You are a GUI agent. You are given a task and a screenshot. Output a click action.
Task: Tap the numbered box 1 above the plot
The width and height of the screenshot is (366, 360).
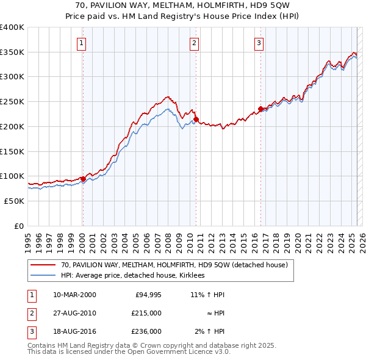coord(81,43)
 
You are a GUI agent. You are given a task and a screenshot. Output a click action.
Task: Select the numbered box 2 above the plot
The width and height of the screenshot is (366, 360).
coord(194,43)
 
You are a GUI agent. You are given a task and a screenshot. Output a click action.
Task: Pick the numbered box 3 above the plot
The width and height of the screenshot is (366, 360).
coord(259,43)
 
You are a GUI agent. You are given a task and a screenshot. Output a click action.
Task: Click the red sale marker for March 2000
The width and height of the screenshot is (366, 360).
coord(83,179)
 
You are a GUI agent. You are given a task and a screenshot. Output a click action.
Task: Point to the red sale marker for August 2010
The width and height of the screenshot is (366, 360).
coord(196,119)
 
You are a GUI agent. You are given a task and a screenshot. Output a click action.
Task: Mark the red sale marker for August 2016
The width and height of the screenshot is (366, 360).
coord(261,109)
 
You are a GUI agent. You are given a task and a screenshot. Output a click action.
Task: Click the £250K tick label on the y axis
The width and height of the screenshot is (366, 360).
coord(12,101)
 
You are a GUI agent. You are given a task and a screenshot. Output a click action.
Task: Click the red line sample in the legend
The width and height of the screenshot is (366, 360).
coord(43,265)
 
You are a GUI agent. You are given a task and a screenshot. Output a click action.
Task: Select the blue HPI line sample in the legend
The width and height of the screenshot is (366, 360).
coord(43,276)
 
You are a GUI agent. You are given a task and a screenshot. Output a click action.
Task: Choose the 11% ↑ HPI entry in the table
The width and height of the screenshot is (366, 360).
coord(207,295)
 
